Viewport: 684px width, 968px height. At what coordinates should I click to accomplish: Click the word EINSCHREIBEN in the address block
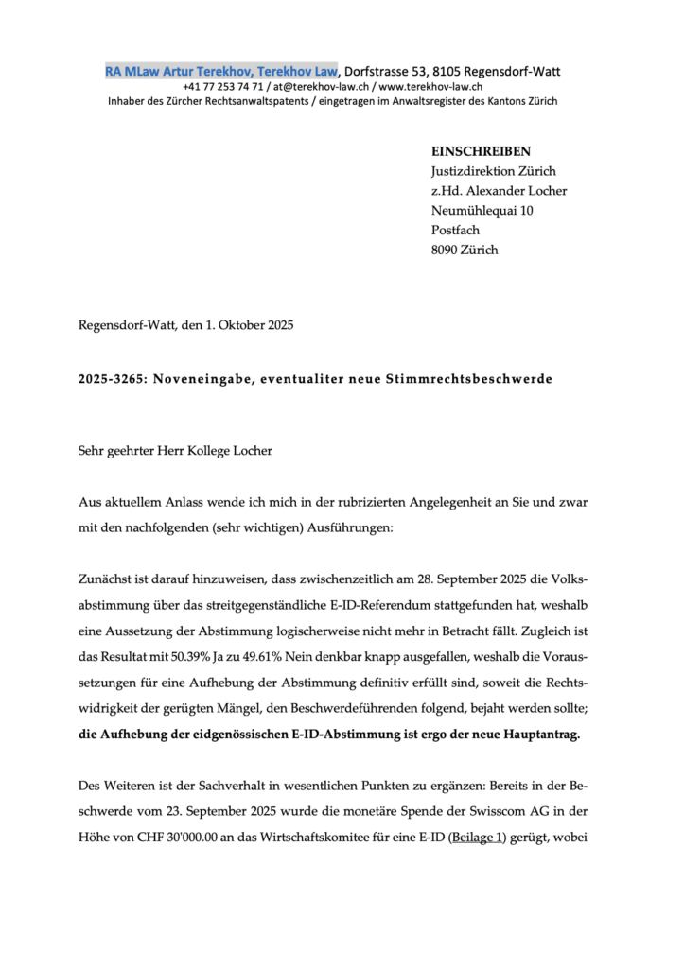coord(481,151)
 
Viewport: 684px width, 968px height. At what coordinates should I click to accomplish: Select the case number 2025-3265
coord(110,379)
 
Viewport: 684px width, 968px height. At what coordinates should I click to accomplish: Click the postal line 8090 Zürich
coord(464,251)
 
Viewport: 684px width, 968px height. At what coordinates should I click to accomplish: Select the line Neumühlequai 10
coord(482,211)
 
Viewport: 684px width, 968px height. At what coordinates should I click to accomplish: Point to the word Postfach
coord(456,231)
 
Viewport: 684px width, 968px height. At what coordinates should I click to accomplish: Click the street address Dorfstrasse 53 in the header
coord(380,69)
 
